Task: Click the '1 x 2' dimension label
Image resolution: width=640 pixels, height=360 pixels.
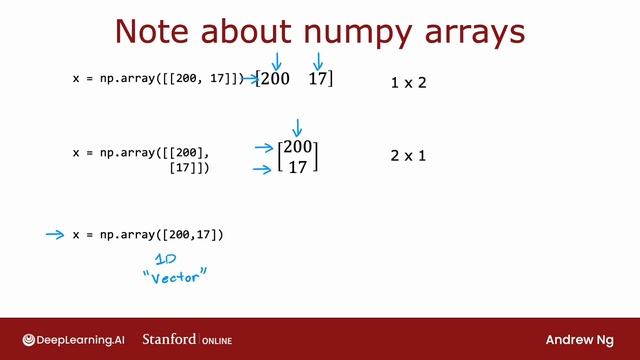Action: click(x=408, y=82)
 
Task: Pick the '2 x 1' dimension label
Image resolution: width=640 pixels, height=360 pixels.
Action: click(x=408, y=156)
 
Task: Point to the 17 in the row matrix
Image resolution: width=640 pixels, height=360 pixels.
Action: click(x=318, y=78)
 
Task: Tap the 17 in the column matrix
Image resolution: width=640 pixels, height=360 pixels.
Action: click(x=298, y=167)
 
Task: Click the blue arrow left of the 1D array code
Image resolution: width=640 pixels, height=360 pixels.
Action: click(x=55, y=235)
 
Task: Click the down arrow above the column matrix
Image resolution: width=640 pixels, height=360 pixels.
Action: click(x=296, y=127)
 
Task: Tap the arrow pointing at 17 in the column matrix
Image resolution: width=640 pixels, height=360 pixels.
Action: click(x=263, y=169)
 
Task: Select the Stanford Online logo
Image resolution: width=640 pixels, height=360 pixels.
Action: click(x=187, y=339)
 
